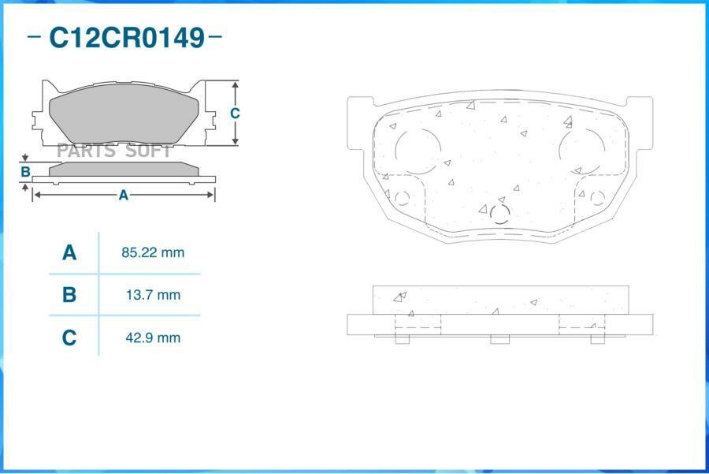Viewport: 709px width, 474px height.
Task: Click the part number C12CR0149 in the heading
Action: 127,37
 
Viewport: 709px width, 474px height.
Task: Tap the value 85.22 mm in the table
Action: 153,252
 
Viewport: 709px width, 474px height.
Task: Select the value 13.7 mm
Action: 153,295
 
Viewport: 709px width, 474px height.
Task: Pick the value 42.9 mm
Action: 153,338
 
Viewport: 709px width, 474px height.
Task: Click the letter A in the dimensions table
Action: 69,252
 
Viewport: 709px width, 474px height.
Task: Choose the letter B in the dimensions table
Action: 69,295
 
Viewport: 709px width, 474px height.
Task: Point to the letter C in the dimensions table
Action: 69,338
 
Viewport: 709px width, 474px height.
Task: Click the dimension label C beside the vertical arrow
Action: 235,113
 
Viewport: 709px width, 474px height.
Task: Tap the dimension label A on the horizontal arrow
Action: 124,195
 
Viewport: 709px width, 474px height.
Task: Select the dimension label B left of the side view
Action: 26,172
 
